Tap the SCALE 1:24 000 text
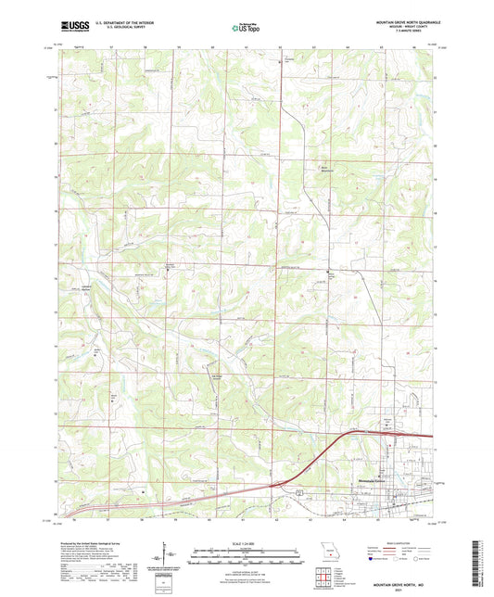(246, 544)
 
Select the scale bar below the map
(246, 558)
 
